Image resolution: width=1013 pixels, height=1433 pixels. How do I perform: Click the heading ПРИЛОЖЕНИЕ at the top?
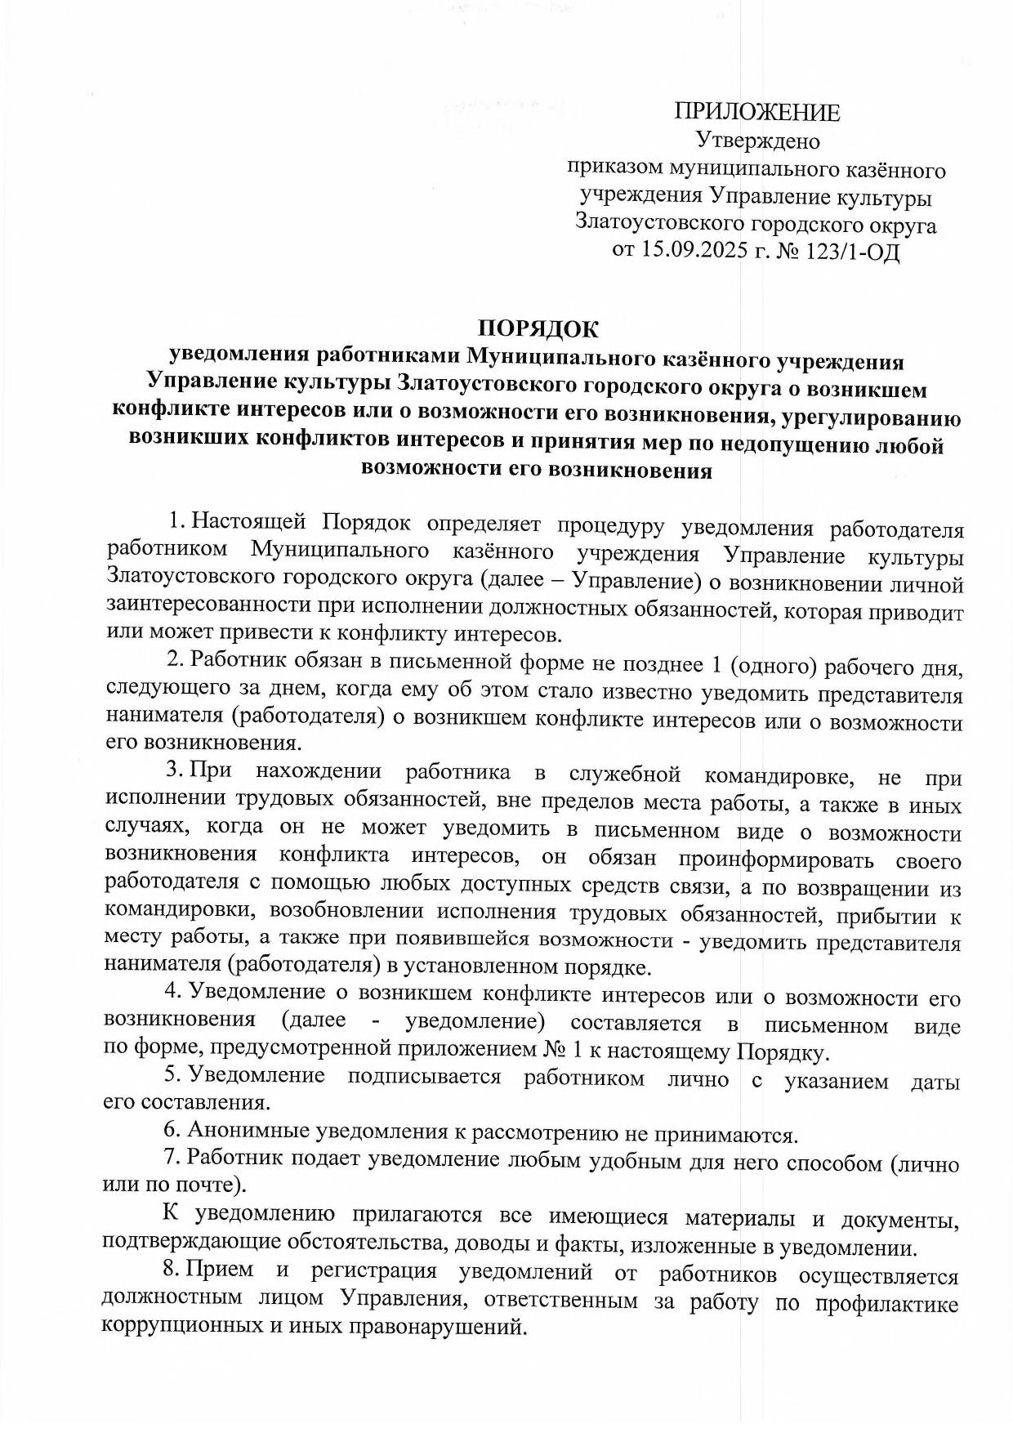click(x=756, y=113)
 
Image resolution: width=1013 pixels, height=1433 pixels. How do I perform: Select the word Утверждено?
click(x=756, y=141)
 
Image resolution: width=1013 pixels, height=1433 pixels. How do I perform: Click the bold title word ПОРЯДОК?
click(x=538, y=329)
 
